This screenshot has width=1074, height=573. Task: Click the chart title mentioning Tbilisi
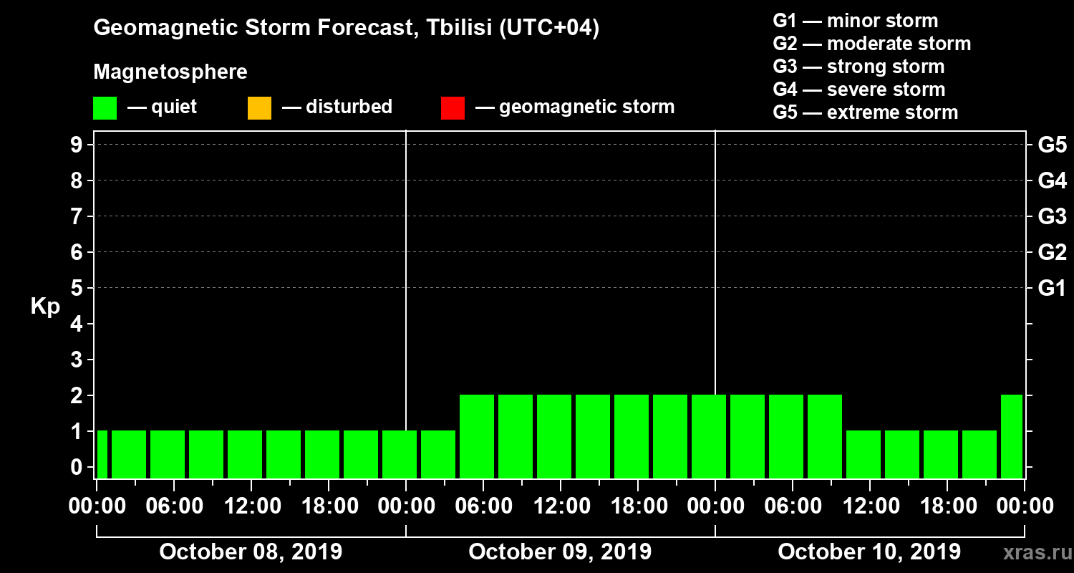(x=347, y=28)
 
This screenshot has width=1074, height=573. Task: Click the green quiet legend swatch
(x=105, y=108)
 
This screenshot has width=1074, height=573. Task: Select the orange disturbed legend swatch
(x=259, y=108)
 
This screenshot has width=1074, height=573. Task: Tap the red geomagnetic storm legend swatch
(x=453, y=108)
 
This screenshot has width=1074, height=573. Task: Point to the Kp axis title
(x=45, y=307)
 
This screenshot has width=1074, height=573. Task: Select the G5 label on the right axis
(x=1052, y=145)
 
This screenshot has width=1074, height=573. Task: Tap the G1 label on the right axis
(x=1052, y=289)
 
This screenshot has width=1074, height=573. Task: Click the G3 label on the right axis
(x=1052, y=217)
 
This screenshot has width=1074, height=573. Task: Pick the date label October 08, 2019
(x=251, y=552)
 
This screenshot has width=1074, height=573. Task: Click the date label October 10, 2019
(x=869, y=552)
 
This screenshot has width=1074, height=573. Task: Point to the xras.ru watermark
(x=1032, y=553)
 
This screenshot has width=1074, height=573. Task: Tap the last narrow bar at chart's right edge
(x=1012, y=436)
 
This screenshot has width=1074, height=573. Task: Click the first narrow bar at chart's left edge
(x=102, y=454)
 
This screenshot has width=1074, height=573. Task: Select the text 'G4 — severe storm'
(x=859, y=90)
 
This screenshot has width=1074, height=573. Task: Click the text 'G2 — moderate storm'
(x=872, y=44)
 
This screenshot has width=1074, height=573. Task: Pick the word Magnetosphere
(x=170, y=72)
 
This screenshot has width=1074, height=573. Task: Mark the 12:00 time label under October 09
(x=560, y=506)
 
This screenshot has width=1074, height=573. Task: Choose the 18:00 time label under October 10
(x=947, y=506)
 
